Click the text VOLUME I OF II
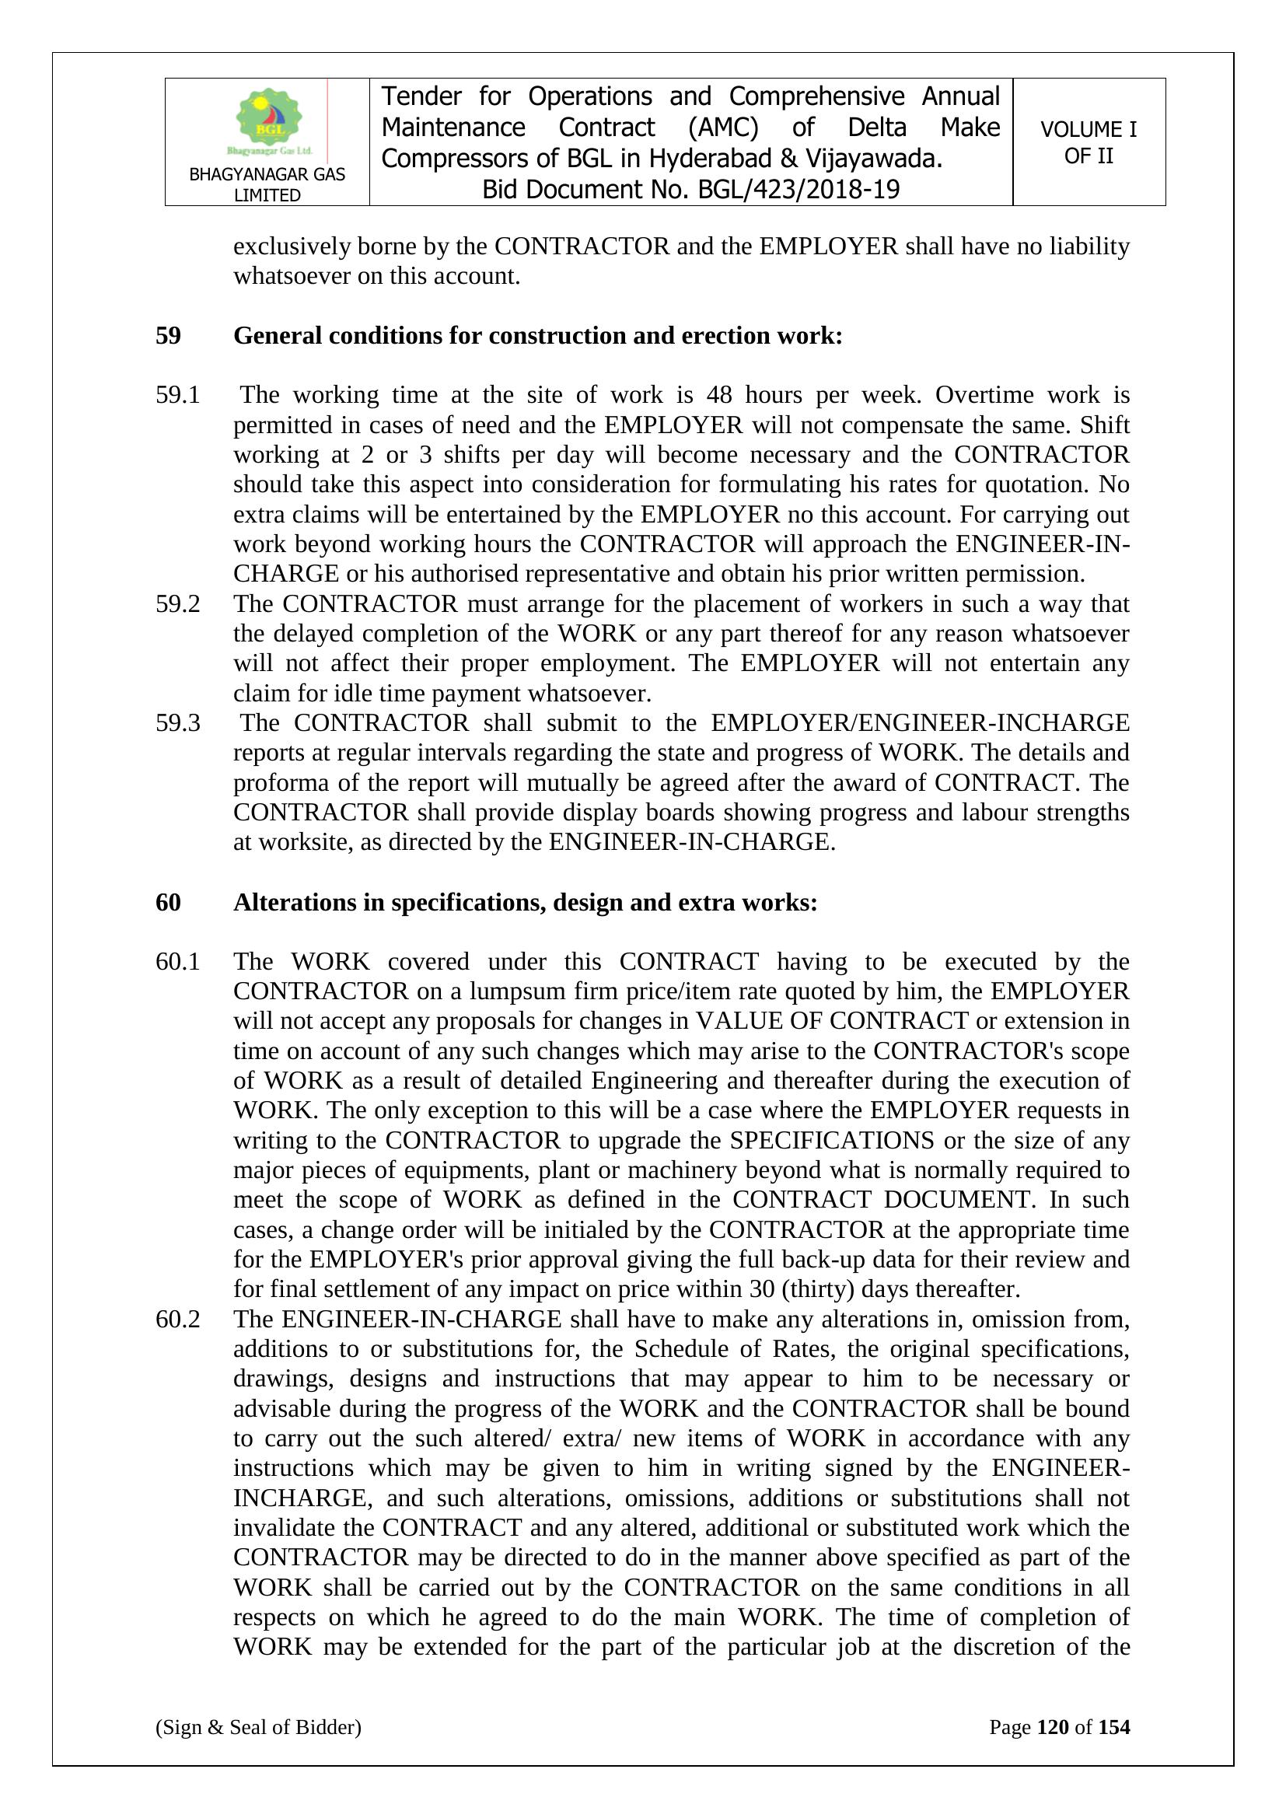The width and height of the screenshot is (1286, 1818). [x=1088, y=142]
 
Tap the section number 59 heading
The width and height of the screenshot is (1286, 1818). [x=168, y=336]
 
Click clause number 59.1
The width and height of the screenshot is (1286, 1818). [x=177, y=395]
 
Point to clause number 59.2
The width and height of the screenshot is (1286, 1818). [x=177, y=604]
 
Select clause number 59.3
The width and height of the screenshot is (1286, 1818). [x=177, y=723]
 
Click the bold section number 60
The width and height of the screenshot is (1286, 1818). [x=168, y=903]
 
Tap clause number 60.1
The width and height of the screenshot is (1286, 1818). [x=177, y=962]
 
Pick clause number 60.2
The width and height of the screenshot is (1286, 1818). [x=177, y=1319]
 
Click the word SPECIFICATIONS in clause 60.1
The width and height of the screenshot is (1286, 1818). [x=831, y=1141]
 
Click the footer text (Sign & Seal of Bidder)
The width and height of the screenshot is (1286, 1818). [x=258, y=1727]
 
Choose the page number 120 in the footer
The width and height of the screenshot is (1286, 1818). [x=1053, y=1727]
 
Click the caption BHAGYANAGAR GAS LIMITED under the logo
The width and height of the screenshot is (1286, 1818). [x=267, y=184]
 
